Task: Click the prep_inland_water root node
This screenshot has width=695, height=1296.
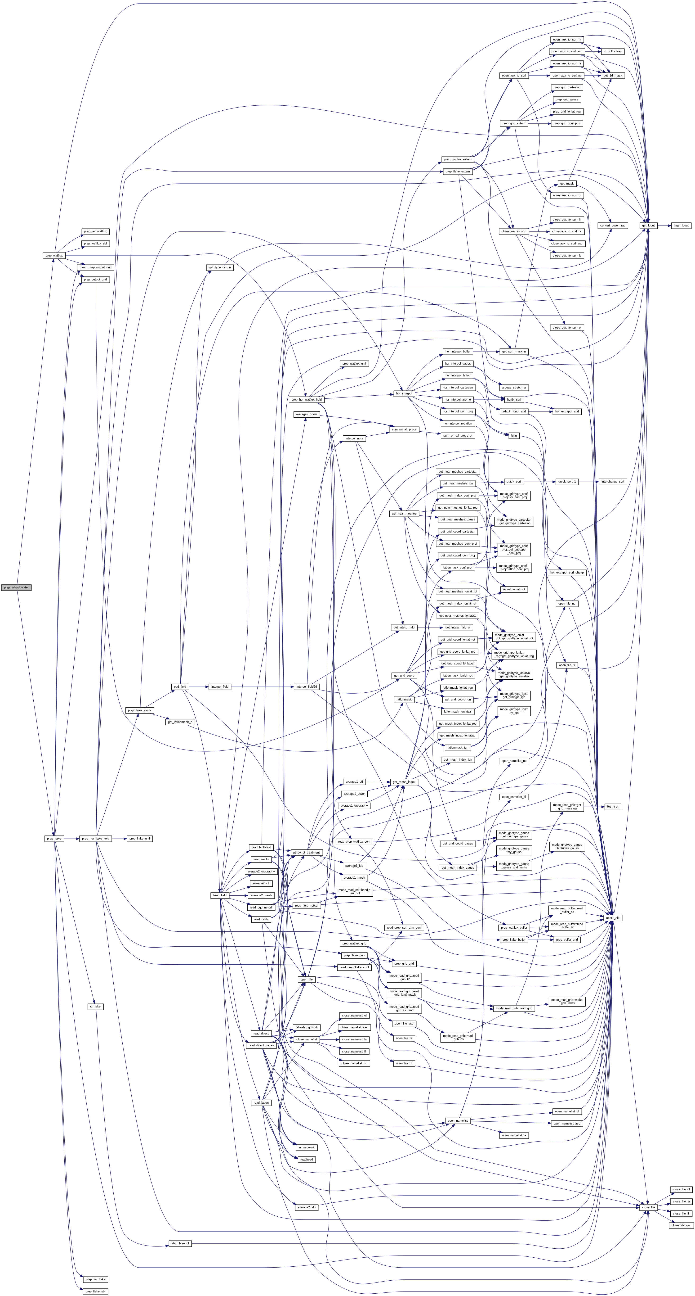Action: coord(16,587)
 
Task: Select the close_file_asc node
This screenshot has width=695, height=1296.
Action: coord(682,1225)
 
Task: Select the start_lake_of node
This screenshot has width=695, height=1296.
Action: coord(180,1243)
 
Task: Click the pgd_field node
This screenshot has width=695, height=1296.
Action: coord(179,686)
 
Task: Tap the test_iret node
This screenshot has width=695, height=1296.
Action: coord(613,807)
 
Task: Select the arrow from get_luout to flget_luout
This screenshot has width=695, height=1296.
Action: coord(664,225)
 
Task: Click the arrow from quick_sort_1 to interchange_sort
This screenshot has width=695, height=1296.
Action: coord(588,482)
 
